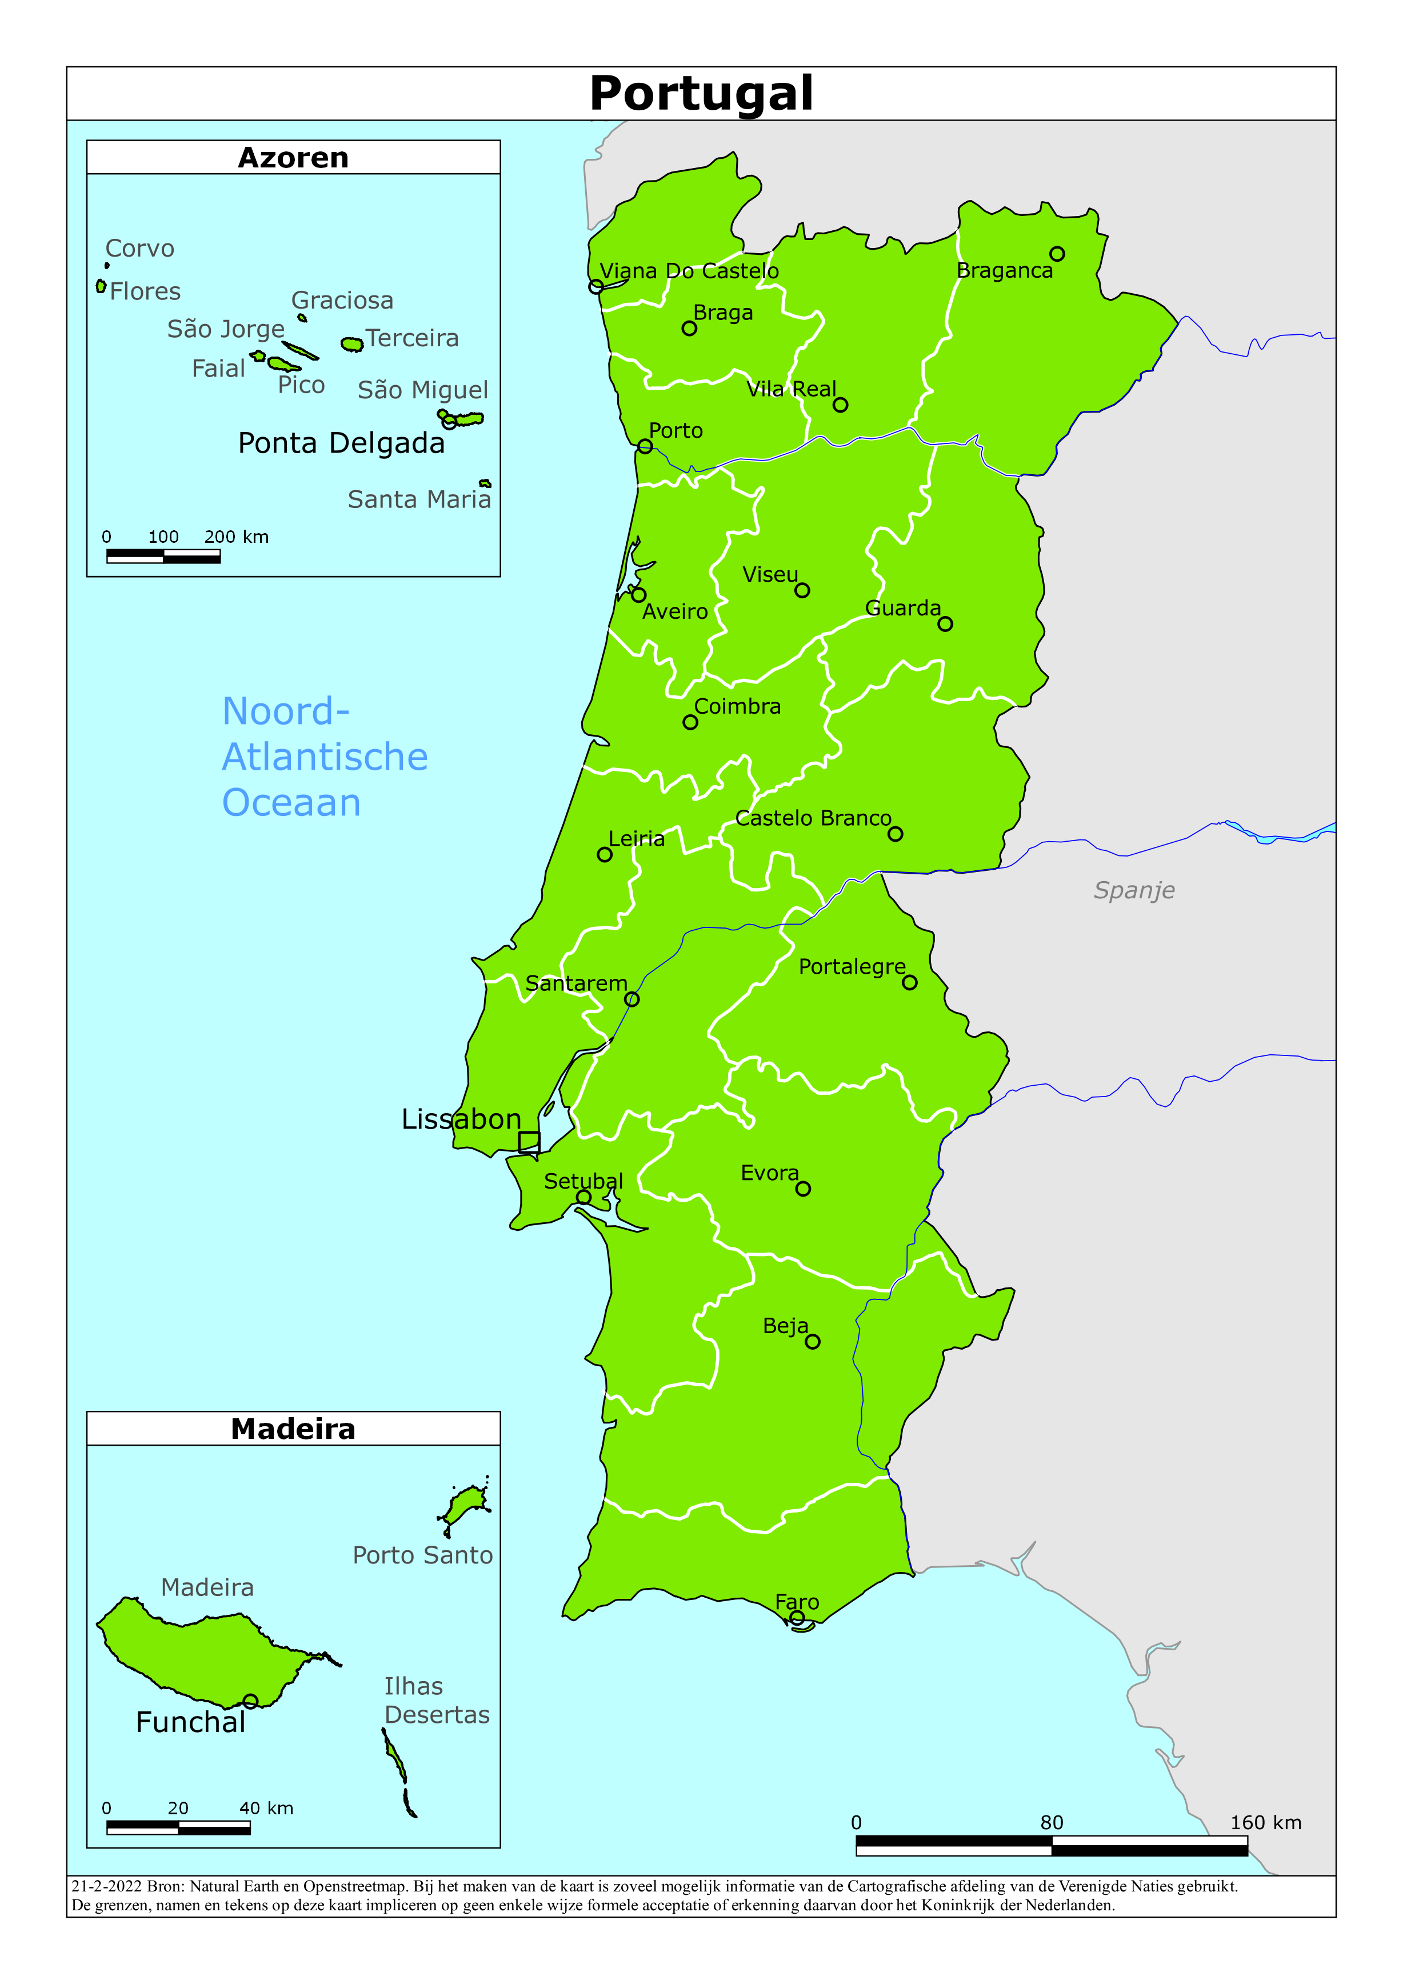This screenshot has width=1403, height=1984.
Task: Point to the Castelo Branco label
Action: [x=813, y=818]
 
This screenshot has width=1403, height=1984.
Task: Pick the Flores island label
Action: [x=145, y=291]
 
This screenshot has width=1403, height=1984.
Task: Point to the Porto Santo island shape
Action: [x=467, y=1505]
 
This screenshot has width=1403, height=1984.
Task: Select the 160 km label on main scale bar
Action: [x=1265, y=1822]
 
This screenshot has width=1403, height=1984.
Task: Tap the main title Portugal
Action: [x=701, y=93]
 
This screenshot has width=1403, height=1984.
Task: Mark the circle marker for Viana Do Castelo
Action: [x=595, y=286]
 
